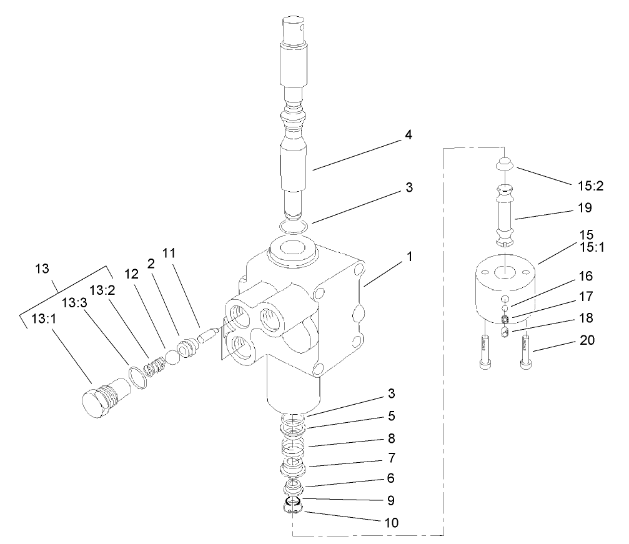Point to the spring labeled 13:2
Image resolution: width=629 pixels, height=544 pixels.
tap(153, 367)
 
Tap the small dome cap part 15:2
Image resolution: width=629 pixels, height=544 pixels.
tap(503, 164)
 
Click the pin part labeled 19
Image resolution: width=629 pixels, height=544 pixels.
tap(505, 216)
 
